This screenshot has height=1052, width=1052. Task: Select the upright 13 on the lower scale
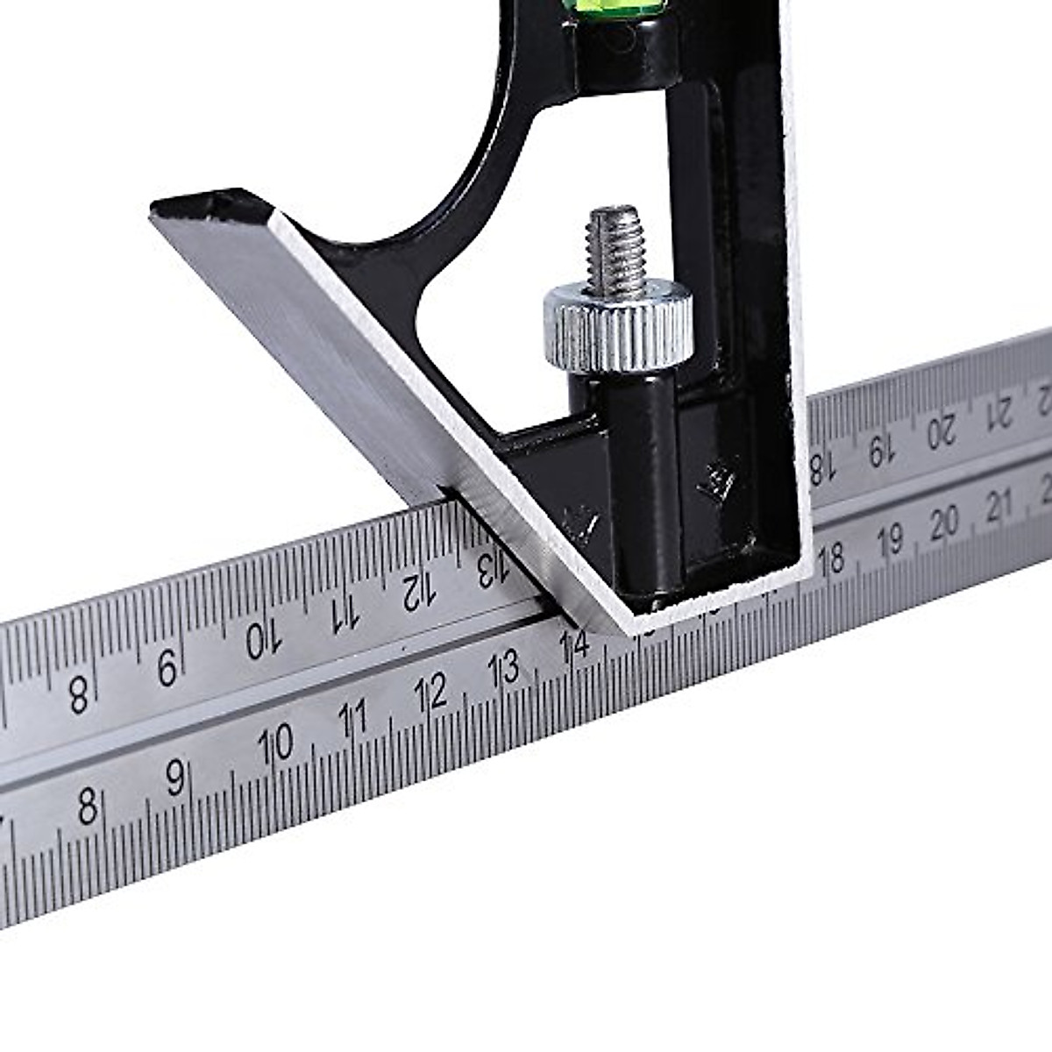click(x=506, y=669)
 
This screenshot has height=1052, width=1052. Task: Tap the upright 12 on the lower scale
click(x=432, y=693)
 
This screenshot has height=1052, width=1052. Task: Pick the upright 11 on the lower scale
click(x=353, y=718)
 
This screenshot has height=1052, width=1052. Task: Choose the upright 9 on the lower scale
click(x=175, y=776)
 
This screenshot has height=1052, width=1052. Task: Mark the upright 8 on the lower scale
click(x=86, y=805)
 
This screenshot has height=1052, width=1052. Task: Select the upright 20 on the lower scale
click(x=944, y=522)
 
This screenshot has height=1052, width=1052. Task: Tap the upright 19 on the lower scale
click(x=889, y=540)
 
